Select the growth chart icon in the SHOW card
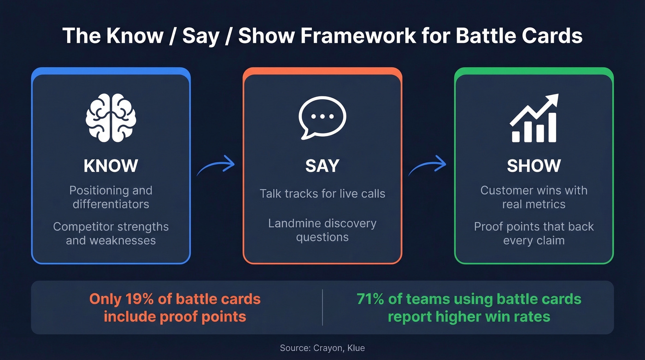click(x=534, y=118)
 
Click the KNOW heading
click(x=111, y=166)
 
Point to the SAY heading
click(x=322, y=166)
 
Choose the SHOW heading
click(x=534, y=166)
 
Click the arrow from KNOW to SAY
click(x=216, y=166)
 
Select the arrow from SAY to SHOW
click(x=428, y=166)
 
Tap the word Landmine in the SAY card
click(x=293, y=224)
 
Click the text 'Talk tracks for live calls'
click(x=322, y=194)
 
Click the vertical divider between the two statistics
click(x=322, y=307)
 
